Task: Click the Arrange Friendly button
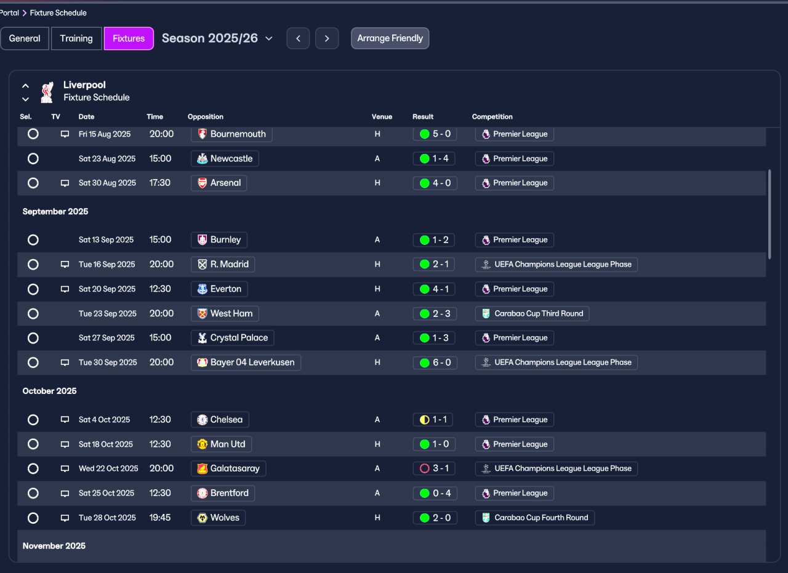click(x=390, y=38)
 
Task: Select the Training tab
click(x=76, y=38)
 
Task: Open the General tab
click(x=25, y=38)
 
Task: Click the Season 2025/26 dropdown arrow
click(x=269, y=38)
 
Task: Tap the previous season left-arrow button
click(x=298, y=38)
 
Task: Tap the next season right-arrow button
click(x=327, y=38)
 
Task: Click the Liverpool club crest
click(x=47, y=92)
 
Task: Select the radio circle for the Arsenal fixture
click(x=33, y=183)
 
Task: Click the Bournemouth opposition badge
click(x=203, y=134)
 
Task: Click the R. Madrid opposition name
click(x=230, y=264)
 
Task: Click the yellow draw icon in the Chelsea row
click(x=425, y=420)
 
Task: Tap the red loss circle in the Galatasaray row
click(x=425, y=468)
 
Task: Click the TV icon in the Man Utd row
click(x=65, y=444)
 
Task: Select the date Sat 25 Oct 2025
click(x=107, y=493)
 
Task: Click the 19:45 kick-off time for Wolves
click(x=160, y=518)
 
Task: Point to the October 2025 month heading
click(x=50, y=391)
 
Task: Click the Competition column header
click(x=492, y=117)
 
